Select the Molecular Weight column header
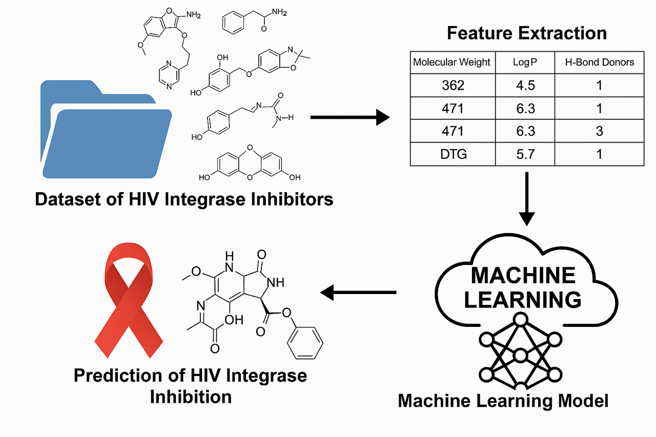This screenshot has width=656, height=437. coord(452,62)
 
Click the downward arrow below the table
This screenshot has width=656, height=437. coord(526,198)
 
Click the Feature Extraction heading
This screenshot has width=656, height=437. coord(526,33)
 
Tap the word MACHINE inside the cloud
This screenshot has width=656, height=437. coord(523,276)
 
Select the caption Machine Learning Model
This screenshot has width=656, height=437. coord(503,400)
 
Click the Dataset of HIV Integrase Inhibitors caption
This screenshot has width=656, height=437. coord(184,199)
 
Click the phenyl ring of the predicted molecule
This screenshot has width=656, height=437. coord(304,343)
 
